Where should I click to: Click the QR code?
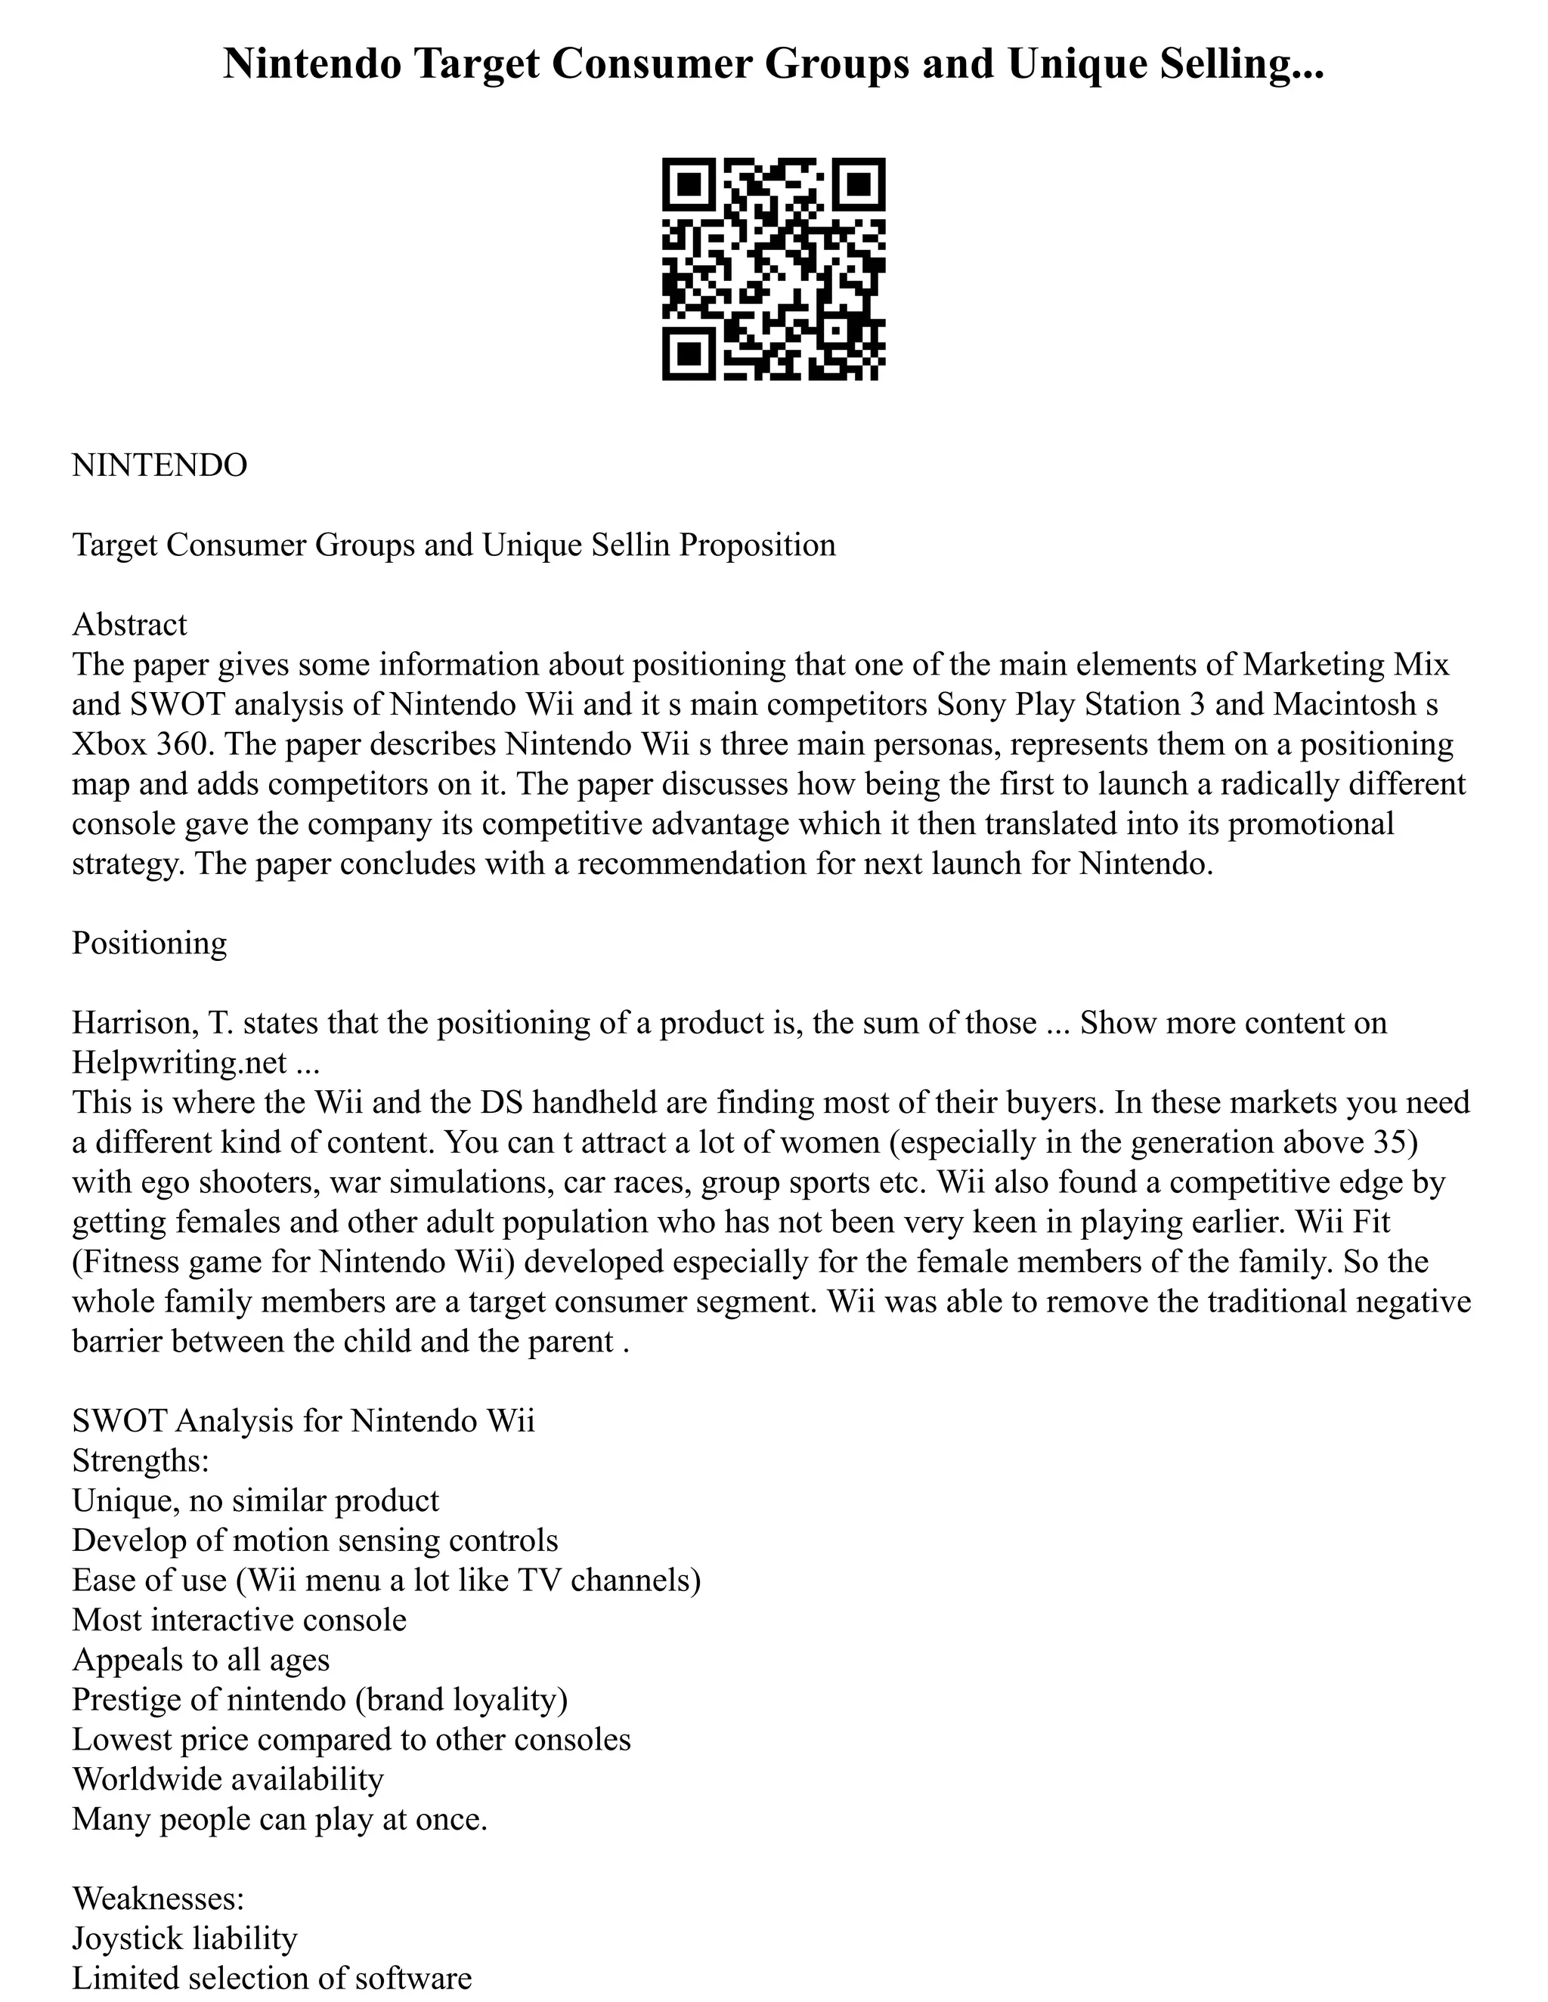[773, 269]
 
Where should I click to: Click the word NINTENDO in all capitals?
[159, 465]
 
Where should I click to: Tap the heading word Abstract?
[129, 624]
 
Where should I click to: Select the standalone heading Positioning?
[150, 944]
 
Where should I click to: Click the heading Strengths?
[141, 1460]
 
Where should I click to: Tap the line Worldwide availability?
[228, 1778]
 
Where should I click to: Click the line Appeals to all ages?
[201, 1659]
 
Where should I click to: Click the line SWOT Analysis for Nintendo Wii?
[302, 1421]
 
